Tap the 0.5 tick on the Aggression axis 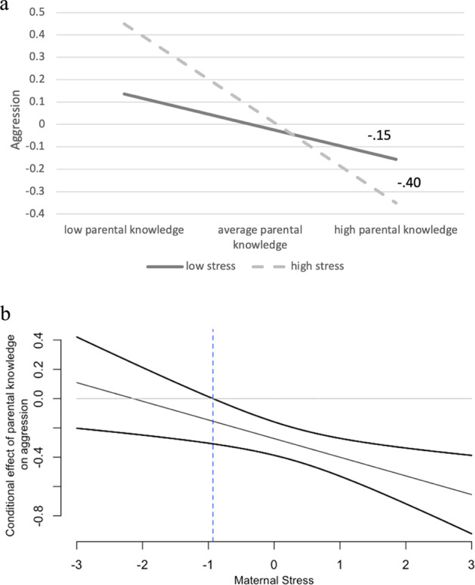35,12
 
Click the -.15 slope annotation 379,136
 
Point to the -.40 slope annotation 410,181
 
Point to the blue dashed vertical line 213,452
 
